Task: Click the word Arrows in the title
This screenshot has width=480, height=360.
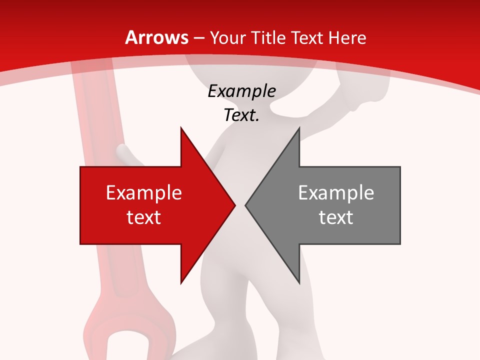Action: [x=156, y=37]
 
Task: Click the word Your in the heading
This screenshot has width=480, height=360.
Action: [x=228, y=37]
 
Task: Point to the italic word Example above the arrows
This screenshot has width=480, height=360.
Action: [x=241, y=91]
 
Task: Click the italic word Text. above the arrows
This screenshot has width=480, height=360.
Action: [x=241, y=115]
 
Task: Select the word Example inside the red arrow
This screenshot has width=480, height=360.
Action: [x=144, y=192]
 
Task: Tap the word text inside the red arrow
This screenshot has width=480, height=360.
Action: [x=144, y=217]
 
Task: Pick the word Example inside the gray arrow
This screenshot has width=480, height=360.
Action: [x=336, y=192]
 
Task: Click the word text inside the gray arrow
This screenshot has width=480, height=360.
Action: [x=336, y=217]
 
